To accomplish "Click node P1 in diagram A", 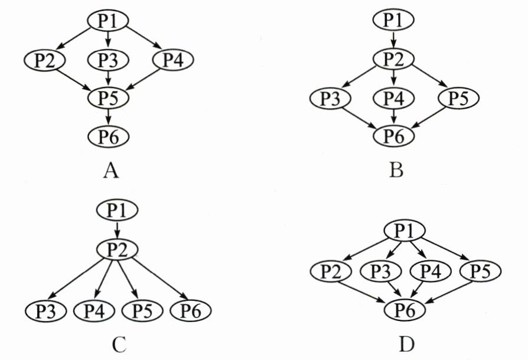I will [108, 21].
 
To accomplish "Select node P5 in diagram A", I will [108, 98].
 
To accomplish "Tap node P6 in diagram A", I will [108, 137].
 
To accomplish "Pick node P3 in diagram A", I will [108, 59].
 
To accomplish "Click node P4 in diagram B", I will [393, 98].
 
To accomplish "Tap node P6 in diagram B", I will [393, 137].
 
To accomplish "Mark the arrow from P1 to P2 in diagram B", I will [393, 39].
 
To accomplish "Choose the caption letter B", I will [396, 171].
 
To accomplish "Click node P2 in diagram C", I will [118, 249].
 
